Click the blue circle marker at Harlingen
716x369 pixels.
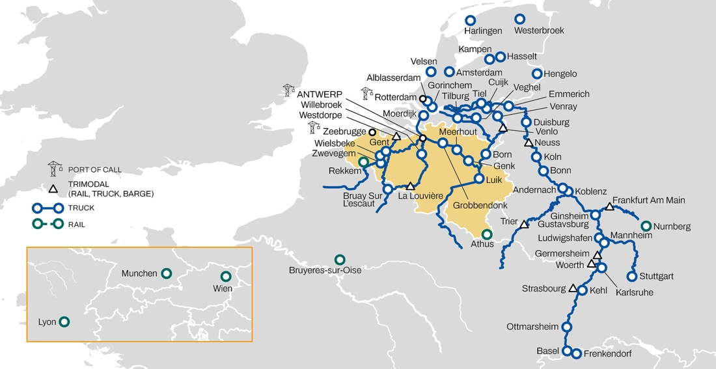472,20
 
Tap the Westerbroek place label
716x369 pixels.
539,31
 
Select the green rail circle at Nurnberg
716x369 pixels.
646,226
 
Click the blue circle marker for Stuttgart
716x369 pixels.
631,276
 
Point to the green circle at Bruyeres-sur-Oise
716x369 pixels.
339,259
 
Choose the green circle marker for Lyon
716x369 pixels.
64,321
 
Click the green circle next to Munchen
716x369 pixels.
167,273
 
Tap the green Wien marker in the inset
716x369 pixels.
226,276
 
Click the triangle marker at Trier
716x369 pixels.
524,225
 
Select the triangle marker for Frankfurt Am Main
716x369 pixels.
609,207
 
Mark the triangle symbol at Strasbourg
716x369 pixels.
573,288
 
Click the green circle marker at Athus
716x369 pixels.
487,234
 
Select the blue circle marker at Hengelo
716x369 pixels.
537,74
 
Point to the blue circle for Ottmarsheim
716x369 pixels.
566,327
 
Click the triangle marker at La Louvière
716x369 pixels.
410,186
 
